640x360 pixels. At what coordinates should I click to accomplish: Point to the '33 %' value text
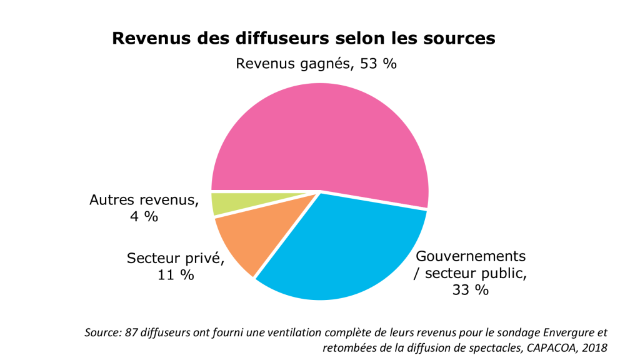tap(471, 289)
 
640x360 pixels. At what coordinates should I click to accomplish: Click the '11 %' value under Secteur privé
tap(175, 275)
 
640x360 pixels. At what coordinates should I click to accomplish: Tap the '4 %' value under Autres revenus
tap(144, 217)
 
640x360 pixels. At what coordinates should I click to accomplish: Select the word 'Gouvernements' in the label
tap(471, 256)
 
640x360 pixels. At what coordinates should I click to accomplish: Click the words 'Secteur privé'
tap(175, 258)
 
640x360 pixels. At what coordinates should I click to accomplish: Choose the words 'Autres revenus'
tap(144, 200)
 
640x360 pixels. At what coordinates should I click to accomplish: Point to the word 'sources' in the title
tap(456, 38)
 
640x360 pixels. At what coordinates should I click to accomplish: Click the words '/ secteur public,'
tap(469, 273)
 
